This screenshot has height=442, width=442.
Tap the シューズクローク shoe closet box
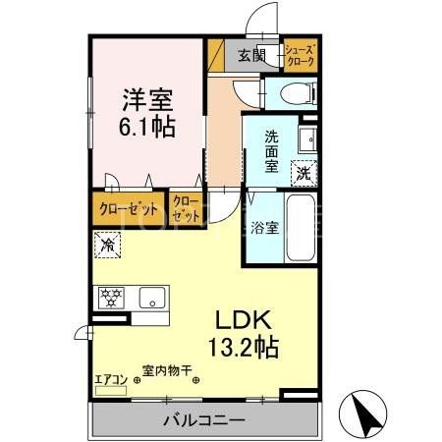tap(300, 54)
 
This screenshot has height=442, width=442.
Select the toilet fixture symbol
tap(296, 94)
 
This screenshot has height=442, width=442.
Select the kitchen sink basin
tap(153, 298)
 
